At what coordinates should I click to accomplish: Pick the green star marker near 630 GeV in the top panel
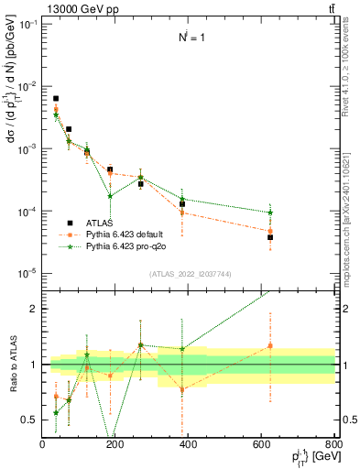270,213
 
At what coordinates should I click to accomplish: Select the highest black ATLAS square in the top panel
56,98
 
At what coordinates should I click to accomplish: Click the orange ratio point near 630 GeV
270,345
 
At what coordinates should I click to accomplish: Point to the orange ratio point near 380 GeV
182,389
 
